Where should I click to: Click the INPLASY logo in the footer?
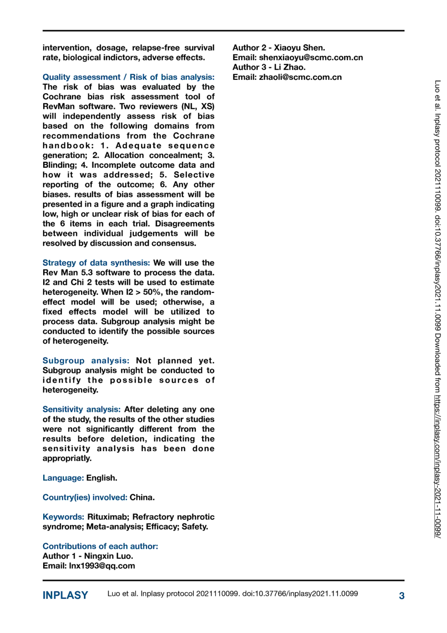click(x=65, y=595)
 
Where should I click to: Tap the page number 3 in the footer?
click(x=401, y=595)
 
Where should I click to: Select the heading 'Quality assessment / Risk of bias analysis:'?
click(x=128, y=77)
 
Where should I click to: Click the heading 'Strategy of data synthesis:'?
click(x=96, y=263)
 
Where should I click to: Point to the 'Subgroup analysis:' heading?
click(x=86, y=361)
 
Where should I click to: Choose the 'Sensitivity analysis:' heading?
click(x=81, y=409)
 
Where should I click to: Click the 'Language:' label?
click(x=63, y=478)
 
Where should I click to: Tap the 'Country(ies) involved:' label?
click(x=85, y=497)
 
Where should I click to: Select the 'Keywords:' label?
click(x=63, y=517)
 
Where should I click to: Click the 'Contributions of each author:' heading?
click(x=100, y=546)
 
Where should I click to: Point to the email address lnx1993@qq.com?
click(x=102, y=566)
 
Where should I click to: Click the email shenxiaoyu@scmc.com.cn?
click(x=311, y=58)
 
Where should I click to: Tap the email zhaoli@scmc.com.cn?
click(x=300, y=77)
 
